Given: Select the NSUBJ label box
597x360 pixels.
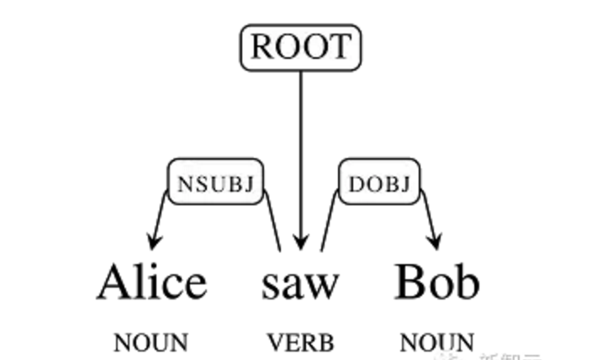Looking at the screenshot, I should (218, 181).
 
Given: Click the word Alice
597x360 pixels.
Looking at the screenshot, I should (151, 283).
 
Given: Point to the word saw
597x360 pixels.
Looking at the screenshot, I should (299, 286).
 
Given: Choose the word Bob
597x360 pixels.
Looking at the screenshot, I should (437, 283).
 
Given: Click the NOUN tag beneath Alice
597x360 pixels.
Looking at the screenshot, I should (151, 342).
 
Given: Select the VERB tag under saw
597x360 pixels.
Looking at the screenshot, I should (300, 342).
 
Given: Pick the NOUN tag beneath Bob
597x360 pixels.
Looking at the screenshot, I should (437, 342).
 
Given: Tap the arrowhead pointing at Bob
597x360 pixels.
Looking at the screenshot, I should (435, 243).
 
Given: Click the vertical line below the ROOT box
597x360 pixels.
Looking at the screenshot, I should (302, 143).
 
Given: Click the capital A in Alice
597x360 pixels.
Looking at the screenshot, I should (117, 283).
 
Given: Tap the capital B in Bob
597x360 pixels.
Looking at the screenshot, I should (412, 283).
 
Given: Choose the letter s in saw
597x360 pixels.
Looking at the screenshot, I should (270, 287).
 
